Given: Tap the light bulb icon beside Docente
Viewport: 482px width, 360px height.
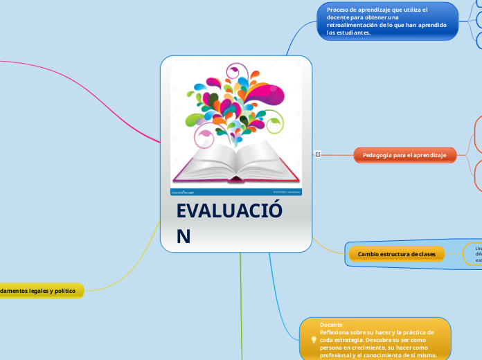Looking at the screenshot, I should [x=314, y=340].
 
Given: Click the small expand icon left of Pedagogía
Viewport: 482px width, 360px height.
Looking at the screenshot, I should [x=316, y=154].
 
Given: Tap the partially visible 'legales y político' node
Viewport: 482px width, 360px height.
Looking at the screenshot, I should [x=42, y=291].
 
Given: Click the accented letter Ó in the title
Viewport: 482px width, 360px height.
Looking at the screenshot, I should [x=274, y=211].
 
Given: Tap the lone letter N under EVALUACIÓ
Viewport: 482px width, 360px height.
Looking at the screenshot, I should [x=184, y=237].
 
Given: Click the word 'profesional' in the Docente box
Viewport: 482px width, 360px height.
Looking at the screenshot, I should [x=337, y=355].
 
